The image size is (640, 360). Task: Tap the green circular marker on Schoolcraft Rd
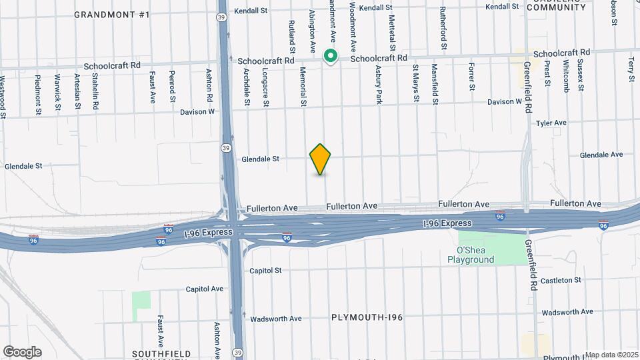point(330,56)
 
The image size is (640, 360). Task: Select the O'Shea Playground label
point(471,255)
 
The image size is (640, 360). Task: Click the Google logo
point(22,351)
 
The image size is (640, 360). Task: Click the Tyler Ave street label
point(551,123)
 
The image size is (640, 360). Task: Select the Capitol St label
point(266,271)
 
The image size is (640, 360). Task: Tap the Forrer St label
point(471,77)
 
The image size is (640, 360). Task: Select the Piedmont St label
point(37,93)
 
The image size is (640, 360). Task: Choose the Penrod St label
point(172,85)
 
